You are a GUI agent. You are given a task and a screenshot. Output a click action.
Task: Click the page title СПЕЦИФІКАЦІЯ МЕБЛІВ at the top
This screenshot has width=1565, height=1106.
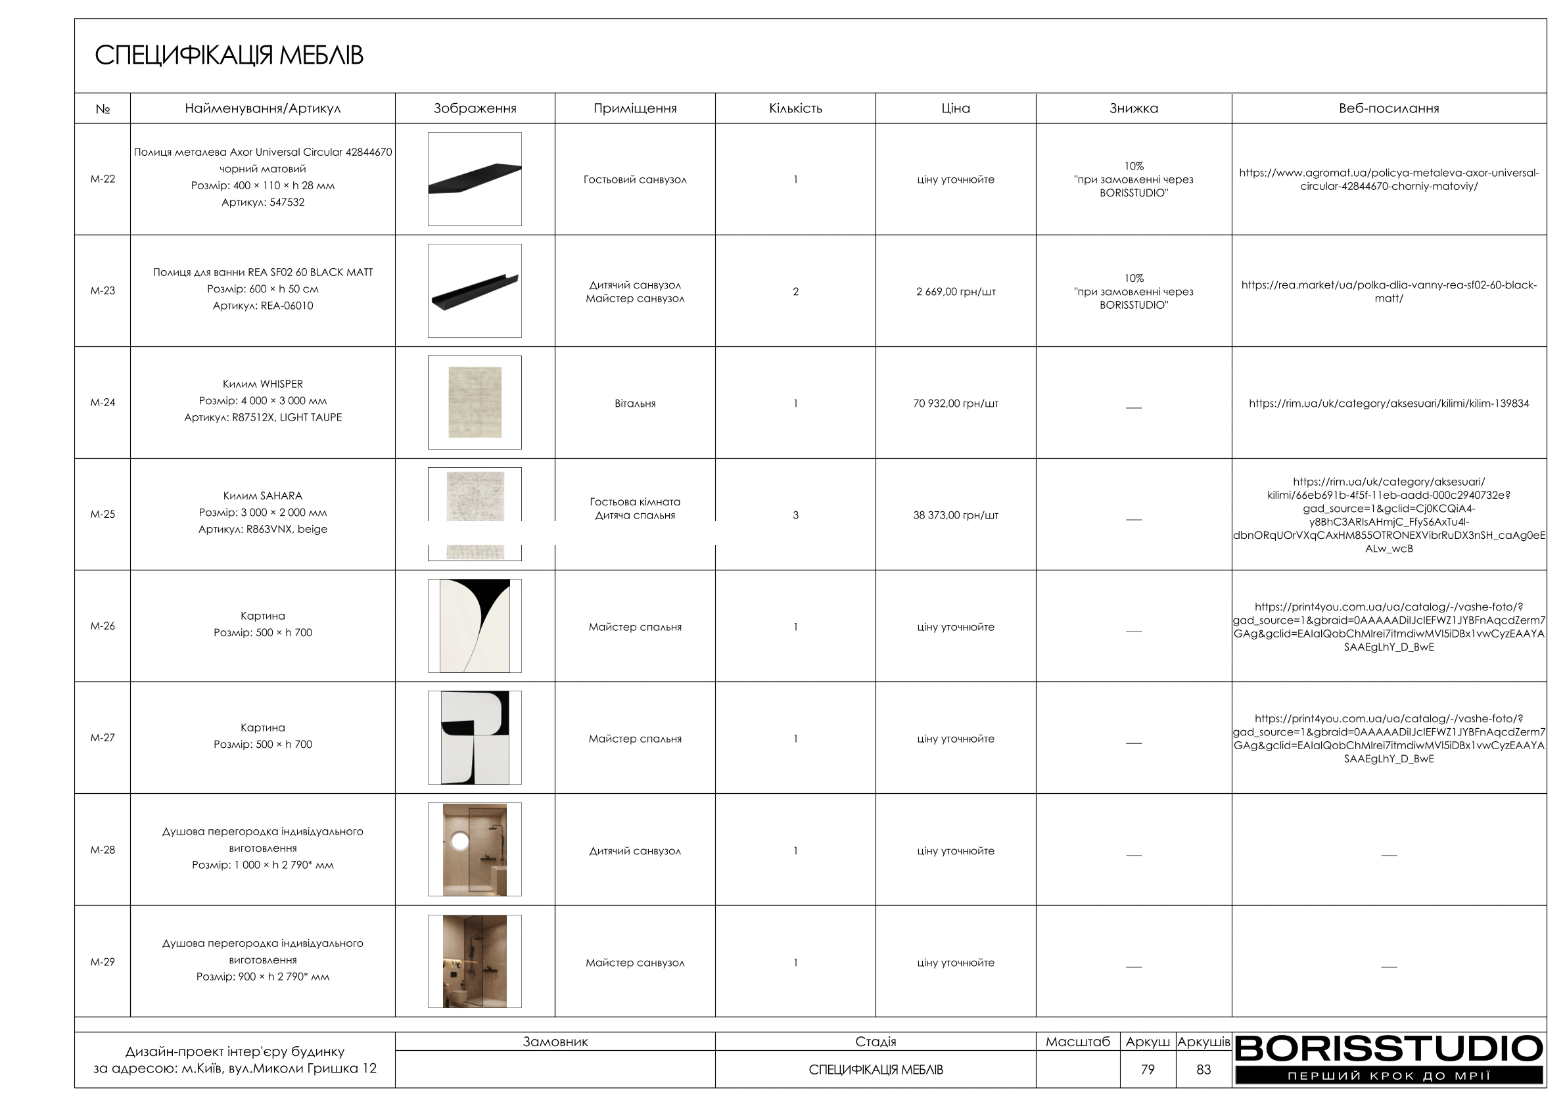[x=228, y=55]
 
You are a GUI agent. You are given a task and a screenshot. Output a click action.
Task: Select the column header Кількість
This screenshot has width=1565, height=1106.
[x=795, y=108]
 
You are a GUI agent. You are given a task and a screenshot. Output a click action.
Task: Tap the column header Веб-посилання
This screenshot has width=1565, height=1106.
[x=1388, y=108]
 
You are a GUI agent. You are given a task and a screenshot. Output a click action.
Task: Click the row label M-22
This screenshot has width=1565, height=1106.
[x=103, y=179]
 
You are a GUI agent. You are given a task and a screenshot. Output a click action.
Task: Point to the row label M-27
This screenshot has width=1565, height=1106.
[x=103, y=738]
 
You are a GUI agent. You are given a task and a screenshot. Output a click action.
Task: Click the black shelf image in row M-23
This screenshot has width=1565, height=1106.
[x=475, y=291]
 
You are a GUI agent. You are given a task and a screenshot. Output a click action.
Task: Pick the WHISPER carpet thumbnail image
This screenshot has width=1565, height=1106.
[x=475, y=403]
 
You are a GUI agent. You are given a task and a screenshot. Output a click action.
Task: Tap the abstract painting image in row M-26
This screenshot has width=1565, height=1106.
[x=475, y=626]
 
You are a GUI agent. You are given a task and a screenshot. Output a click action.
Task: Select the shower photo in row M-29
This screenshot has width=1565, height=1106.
[x=475, y=961]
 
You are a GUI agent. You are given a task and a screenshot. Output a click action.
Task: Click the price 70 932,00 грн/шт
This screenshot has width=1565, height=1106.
[x=956, y=403]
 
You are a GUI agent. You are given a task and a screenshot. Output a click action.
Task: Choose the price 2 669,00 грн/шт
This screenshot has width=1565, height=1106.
[x=956, y=292]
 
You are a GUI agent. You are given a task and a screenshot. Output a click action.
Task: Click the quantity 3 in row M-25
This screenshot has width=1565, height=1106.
[x=795, y=515]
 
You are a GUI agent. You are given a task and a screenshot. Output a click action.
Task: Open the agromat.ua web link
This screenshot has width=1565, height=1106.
[x=1388, y=180]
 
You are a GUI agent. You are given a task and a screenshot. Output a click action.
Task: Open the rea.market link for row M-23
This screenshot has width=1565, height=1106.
[x=1388, y=292]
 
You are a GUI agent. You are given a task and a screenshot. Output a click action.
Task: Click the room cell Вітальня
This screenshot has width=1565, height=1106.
[x=634, y=403]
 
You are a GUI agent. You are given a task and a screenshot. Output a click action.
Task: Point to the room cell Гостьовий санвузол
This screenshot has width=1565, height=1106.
[x=634, y=180]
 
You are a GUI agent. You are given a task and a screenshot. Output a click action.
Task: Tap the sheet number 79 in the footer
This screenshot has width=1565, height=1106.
[x=1148, y=1070]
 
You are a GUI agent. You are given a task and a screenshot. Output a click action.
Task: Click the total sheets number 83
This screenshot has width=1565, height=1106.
[x=1203, y=1070]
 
